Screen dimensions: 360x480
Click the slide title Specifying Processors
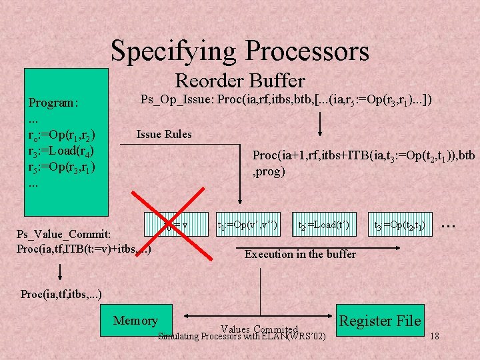(x=239, y=51)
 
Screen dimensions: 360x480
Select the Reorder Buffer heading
(x=239, y=81)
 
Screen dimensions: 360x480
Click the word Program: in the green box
(x=53, y=103)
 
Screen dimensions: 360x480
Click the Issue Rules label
(x=164, y=134)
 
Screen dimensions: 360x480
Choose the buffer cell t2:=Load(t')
(x=323, y=225)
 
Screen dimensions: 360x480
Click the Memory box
(x=135, y=321)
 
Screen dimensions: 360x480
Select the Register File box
(x=381, y=321)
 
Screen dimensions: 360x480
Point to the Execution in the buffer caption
(x=300, y=254)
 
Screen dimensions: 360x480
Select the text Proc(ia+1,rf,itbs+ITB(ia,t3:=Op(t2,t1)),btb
(x=363, y=156)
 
